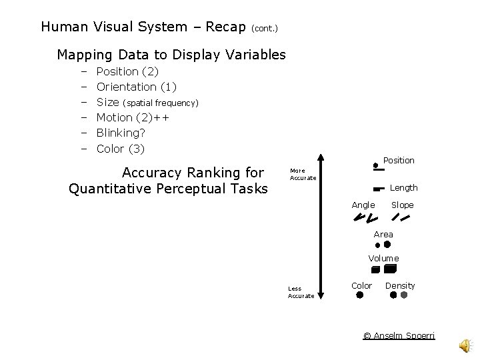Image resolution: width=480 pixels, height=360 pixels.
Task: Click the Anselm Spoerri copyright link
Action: click(x=399, y=335)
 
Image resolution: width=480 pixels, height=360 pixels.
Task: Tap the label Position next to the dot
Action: click(x=399, y=161)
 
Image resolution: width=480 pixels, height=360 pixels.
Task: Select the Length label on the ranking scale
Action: click(x=403, y=188)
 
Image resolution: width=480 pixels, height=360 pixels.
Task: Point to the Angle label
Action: click(x=363, y=205)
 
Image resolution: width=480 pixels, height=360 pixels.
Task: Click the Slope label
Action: click(x=402, y=205)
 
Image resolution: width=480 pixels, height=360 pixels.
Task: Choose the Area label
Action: click(x=383, y=234)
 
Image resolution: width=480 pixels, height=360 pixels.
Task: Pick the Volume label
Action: click(x=383, y=258)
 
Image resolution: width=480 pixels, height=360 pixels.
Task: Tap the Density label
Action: click(x=400, y=285)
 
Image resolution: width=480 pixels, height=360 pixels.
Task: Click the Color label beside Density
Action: click(x=361, y=285)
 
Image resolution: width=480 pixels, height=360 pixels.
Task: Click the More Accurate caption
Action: click(x=303, y=175)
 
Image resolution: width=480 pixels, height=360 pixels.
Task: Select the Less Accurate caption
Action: click(x=301, y=292)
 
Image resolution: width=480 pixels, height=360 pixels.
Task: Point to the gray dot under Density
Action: click(x=403, y=295)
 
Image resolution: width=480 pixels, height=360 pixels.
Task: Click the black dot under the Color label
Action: click(x=360, y=295)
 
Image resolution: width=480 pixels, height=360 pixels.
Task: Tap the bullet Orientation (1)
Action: click(x=137, y=87)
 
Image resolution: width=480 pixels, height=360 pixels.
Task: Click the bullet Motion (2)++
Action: click(x=133, y=117)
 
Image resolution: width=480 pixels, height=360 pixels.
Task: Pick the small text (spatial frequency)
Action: click(x=161, y=103)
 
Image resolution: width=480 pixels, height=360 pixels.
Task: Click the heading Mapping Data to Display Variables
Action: click(x=171, y=55)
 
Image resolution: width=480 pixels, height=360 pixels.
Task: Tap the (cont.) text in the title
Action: click(x=265, y=29)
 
